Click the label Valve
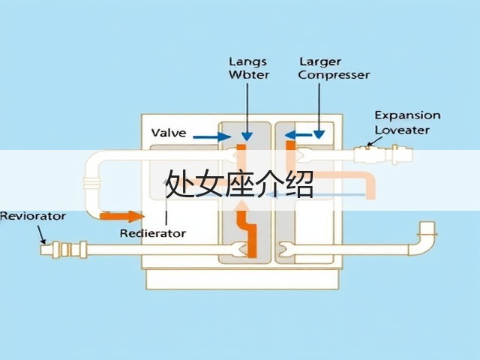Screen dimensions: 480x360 click(169, 133)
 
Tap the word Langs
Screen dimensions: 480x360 click(248, 62)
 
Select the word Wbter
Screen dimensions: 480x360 click(249, 75)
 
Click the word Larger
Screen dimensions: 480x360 click(320, 62)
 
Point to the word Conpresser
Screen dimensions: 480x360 click(334, 75)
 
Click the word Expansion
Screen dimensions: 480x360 click(408, 115)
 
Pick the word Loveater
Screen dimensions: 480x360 click(402, 130)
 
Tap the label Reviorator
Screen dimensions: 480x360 click(33, 216)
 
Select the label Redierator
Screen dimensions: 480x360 click(153, 233)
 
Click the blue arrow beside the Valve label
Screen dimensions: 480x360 click(211, 136)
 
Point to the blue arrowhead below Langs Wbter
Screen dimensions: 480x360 click(247, 136)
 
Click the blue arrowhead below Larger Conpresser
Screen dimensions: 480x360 click(319, 134)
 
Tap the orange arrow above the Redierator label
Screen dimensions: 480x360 click(122, 217)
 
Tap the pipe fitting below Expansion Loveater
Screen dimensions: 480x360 click(383, 154)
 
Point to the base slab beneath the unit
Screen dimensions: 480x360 click(242, 279)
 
